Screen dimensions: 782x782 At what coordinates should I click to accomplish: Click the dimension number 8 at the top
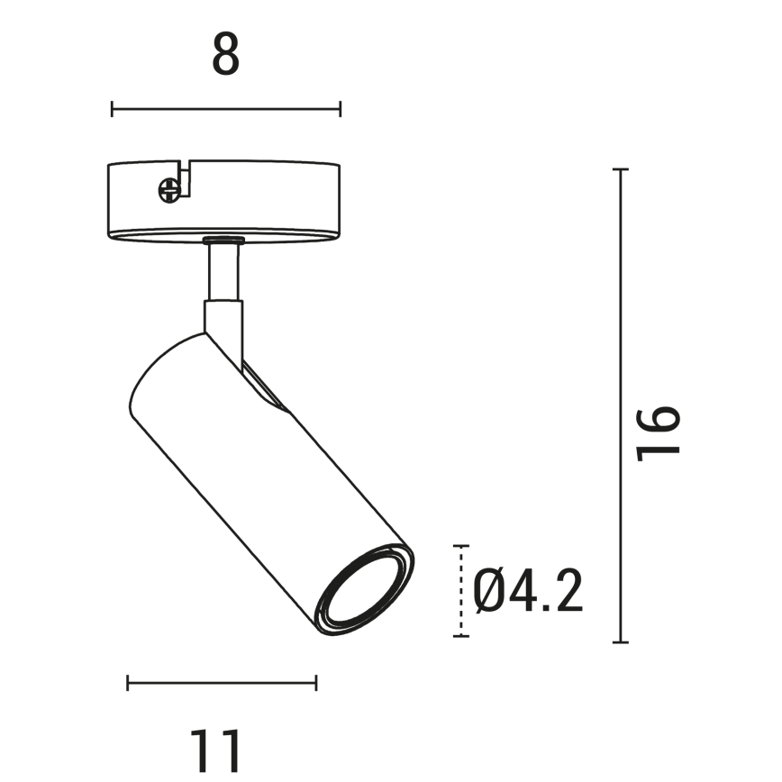[226, 55]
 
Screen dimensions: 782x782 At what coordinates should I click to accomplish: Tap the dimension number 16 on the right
[658, 432]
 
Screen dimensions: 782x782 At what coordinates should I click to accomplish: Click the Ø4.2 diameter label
[529, 592]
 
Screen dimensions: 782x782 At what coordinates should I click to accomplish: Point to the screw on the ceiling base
[168, 189]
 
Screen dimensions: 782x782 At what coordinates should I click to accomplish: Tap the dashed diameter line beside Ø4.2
[461, 591]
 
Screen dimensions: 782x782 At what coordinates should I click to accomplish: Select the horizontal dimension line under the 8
[225, 109]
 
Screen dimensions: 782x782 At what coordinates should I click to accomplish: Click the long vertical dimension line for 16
[620, 405]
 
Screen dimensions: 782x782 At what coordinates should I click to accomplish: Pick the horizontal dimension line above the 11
[222, 683]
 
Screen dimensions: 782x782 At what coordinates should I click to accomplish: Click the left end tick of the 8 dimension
[112, 109]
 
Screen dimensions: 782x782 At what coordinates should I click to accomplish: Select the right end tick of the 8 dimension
[340, 109]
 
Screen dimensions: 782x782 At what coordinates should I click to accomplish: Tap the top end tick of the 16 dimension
[620, 169]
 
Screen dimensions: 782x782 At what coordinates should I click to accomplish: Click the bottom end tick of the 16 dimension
[620, 642]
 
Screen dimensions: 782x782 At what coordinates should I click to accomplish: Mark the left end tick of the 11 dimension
[128, 683]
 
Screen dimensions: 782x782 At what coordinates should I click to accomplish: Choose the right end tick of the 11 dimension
[315, 683]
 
